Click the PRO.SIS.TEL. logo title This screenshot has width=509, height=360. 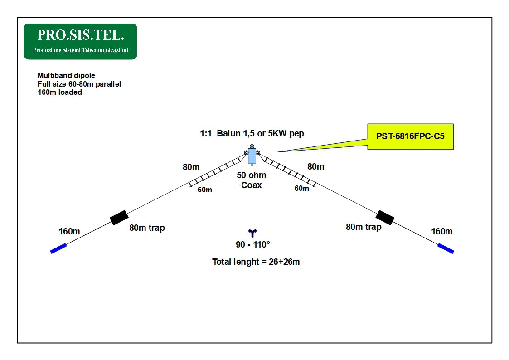80,35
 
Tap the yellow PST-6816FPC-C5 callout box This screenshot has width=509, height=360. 410,136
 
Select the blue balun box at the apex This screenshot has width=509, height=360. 252,156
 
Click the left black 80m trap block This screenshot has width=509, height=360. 119,218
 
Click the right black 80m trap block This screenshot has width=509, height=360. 385,217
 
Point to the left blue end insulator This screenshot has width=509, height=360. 58,248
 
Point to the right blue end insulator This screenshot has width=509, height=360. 446,248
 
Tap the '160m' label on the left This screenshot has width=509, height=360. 69,232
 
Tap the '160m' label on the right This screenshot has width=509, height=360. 441,232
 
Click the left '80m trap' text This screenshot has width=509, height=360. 147,228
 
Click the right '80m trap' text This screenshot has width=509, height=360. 364,227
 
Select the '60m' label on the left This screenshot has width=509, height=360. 205,190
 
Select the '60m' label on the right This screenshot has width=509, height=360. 302,189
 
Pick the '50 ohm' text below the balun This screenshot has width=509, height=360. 252,175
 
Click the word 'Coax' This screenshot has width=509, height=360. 252,185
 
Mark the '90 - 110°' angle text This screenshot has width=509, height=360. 252,245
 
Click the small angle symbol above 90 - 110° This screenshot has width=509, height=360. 252,233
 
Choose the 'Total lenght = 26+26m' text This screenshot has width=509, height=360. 256,262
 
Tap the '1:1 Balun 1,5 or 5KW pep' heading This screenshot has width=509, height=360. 252,134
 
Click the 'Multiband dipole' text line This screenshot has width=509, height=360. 66,76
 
